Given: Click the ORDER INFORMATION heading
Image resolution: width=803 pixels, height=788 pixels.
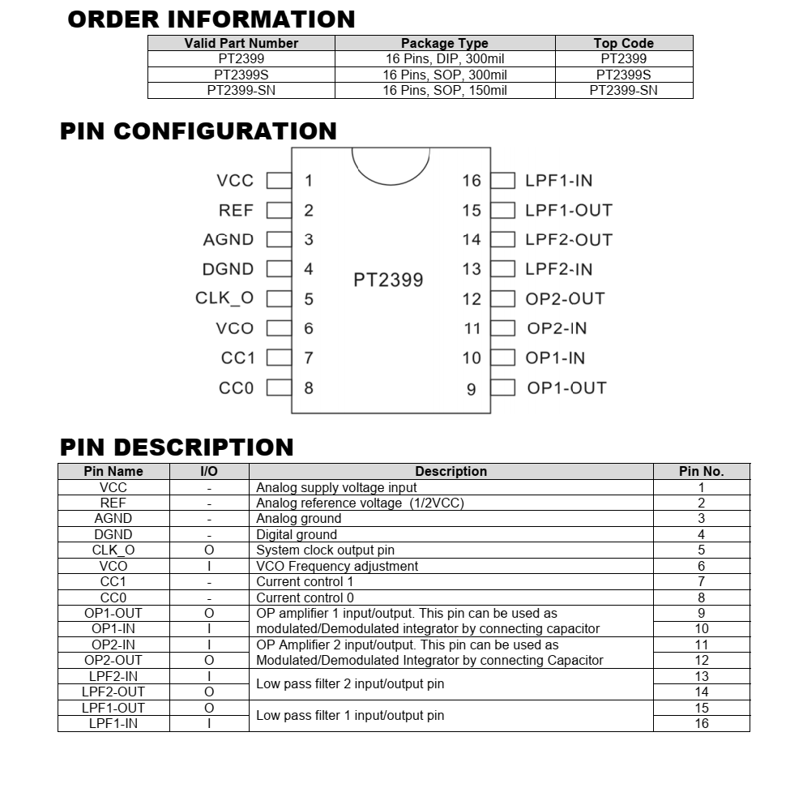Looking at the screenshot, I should (211, 19).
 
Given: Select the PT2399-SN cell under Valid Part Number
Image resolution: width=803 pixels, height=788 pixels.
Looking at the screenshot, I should (241, 91).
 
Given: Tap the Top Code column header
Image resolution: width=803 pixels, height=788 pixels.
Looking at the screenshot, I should (623, 43).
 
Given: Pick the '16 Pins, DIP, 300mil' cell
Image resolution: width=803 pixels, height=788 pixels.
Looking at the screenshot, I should (445, 58).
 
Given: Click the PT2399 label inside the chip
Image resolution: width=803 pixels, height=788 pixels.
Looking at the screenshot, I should (388, 280).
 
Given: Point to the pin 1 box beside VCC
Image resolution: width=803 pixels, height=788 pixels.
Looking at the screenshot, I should (279, 181).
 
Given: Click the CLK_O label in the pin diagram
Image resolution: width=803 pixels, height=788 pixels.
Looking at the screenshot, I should (224, 298).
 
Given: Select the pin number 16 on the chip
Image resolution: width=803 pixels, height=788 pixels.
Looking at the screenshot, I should (472, 181).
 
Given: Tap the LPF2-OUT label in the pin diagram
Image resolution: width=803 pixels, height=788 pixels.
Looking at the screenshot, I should (569, 240).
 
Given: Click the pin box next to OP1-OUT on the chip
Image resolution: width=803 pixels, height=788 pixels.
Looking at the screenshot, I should (503, 388).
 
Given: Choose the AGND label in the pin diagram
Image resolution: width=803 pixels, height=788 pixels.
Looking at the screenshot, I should (229, 240).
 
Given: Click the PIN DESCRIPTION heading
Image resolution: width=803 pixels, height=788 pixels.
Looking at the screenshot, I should (177, 448).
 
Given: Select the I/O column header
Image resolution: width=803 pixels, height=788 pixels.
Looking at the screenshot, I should (209, 471).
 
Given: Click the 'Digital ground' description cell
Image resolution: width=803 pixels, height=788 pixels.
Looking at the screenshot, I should (297, 534).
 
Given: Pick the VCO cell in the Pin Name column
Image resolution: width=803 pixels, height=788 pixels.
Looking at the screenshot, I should (113, 566).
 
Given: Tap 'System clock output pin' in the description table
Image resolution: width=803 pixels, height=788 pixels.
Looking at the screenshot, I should (325, 550).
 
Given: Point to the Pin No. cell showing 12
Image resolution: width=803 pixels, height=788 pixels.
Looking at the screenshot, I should (701, 660).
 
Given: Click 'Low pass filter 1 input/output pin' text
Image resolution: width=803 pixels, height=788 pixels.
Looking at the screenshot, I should (350, 715).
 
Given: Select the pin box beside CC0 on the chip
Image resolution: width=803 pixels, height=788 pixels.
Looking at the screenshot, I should (279, 388).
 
